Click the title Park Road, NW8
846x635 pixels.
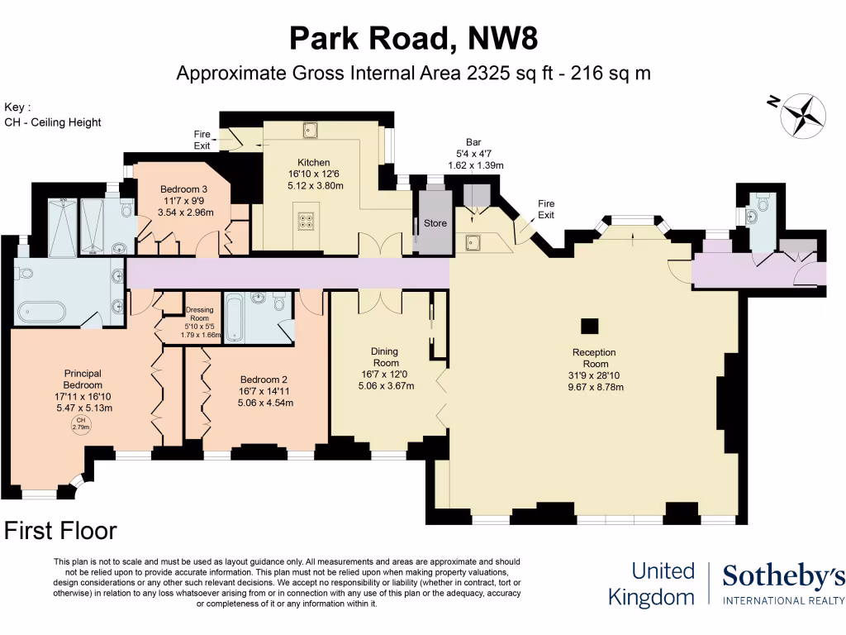(413, 38)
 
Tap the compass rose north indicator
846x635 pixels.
(803, 116)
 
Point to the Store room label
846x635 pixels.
(435, 223)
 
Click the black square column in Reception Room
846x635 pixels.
(589, 325)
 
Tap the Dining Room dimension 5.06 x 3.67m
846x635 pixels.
(385, 384)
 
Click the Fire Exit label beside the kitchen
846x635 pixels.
(203, 140)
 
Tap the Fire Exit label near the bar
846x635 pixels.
(546, 209)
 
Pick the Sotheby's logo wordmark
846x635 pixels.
(783, 577)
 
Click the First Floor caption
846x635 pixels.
(61, 531)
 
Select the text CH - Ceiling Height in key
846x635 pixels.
(53, 122)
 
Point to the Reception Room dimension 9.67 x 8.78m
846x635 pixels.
(595, 386)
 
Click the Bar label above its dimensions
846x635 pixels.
(474, 142)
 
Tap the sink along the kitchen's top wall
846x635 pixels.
(311, 129)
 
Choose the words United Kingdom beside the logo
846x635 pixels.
(652, 584)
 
